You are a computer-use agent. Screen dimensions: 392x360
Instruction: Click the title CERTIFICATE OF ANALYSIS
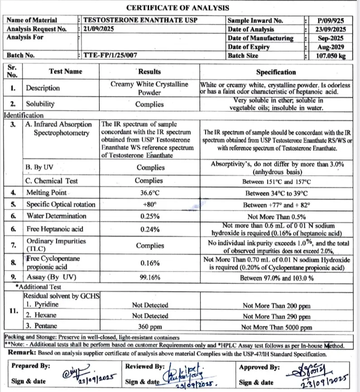pyautogui.click(x=178, y=8)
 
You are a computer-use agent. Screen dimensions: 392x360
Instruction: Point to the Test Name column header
pyautogui.click(x=65, y=71)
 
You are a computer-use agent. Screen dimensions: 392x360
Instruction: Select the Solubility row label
pyautogui.click(x=40, y=104)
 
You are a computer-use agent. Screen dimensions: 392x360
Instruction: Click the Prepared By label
pyautogui.click(x=31, y=366)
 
